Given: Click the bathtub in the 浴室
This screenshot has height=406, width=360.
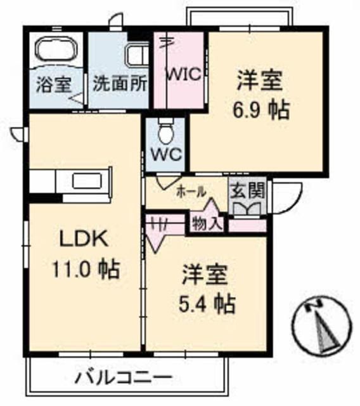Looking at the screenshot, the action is point(56,50).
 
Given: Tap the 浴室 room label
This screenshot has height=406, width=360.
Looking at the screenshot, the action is point(53,84).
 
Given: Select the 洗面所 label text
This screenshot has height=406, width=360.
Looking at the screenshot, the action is point(120,83).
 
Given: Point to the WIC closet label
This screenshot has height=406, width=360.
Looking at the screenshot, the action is point(184,74).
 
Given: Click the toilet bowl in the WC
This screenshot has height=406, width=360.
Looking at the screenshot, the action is point(166,132).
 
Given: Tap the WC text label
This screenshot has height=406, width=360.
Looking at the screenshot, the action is point(167,155).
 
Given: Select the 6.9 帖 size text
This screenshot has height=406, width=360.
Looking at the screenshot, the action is point(261,110).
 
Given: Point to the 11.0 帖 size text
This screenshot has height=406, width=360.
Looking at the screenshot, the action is point(86,269).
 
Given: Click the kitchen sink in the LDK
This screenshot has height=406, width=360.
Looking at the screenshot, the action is point(86,181).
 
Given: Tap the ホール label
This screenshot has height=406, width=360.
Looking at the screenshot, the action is point(191,192).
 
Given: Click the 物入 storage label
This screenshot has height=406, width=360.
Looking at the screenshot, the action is point(207,223).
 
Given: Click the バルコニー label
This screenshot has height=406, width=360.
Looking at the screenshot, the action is point(124,377).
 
